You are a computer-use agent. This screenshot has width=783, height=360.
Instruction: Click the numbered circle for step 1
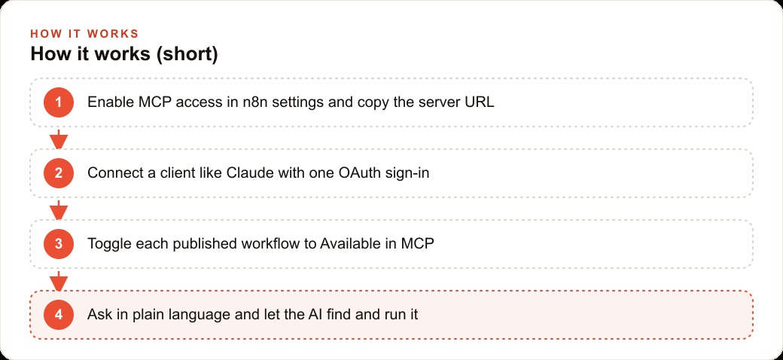point(59,102)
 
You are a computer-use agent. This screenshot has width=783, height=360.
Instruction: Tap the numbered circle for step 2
point(59,173)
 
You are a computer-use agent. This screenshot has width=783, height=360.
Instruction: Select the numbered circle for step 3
point(59,244)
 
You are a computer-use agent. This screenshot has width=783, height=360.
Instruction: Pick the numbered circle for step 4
point(59,315)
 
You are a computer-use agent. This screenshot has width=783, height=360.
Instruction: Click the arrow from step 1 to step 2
point(59,139)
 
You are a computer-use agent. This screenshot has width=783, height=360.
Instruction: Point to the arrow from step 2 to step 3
point(59,209)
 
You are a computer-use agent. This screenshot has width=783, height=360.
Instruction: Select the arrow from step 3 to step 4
point(59,281)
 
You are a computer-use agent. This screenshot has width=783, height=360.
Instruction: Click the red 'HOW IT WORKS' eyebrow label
point(84,34)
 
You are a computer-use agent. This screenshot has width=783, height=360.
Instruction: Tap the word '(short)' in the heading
point(187,54)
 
